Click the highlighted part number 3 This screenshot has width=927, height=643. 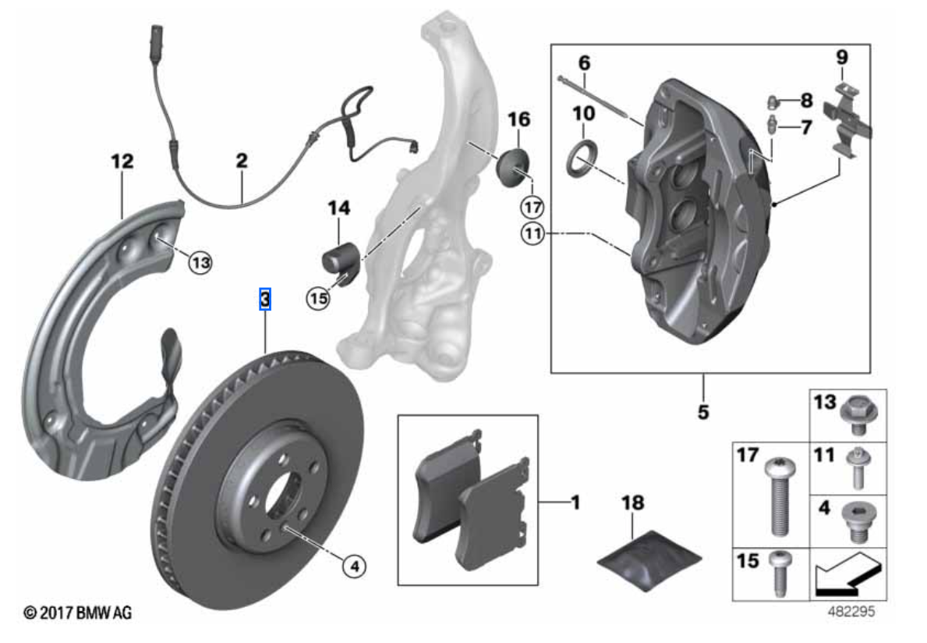tap(265, 299)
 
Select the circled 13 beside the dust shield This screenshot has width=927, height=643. tap(200, 263)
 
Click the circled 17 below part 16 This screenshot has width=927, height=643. tap(533, 208)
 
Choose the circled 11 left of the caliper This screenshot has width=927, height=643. tap(532, 233)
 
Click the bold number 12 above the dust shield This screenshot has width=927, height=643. tap(122, 162)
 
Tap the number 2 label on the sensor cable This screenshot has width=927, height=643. tap(242, 162)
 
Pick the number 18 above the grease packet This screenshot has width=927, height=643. tap(633, 503)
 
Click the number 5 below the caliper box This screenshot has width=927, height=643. tap(703, 410)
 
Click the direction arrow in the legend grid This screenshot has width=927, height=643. tap(847, 574)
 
